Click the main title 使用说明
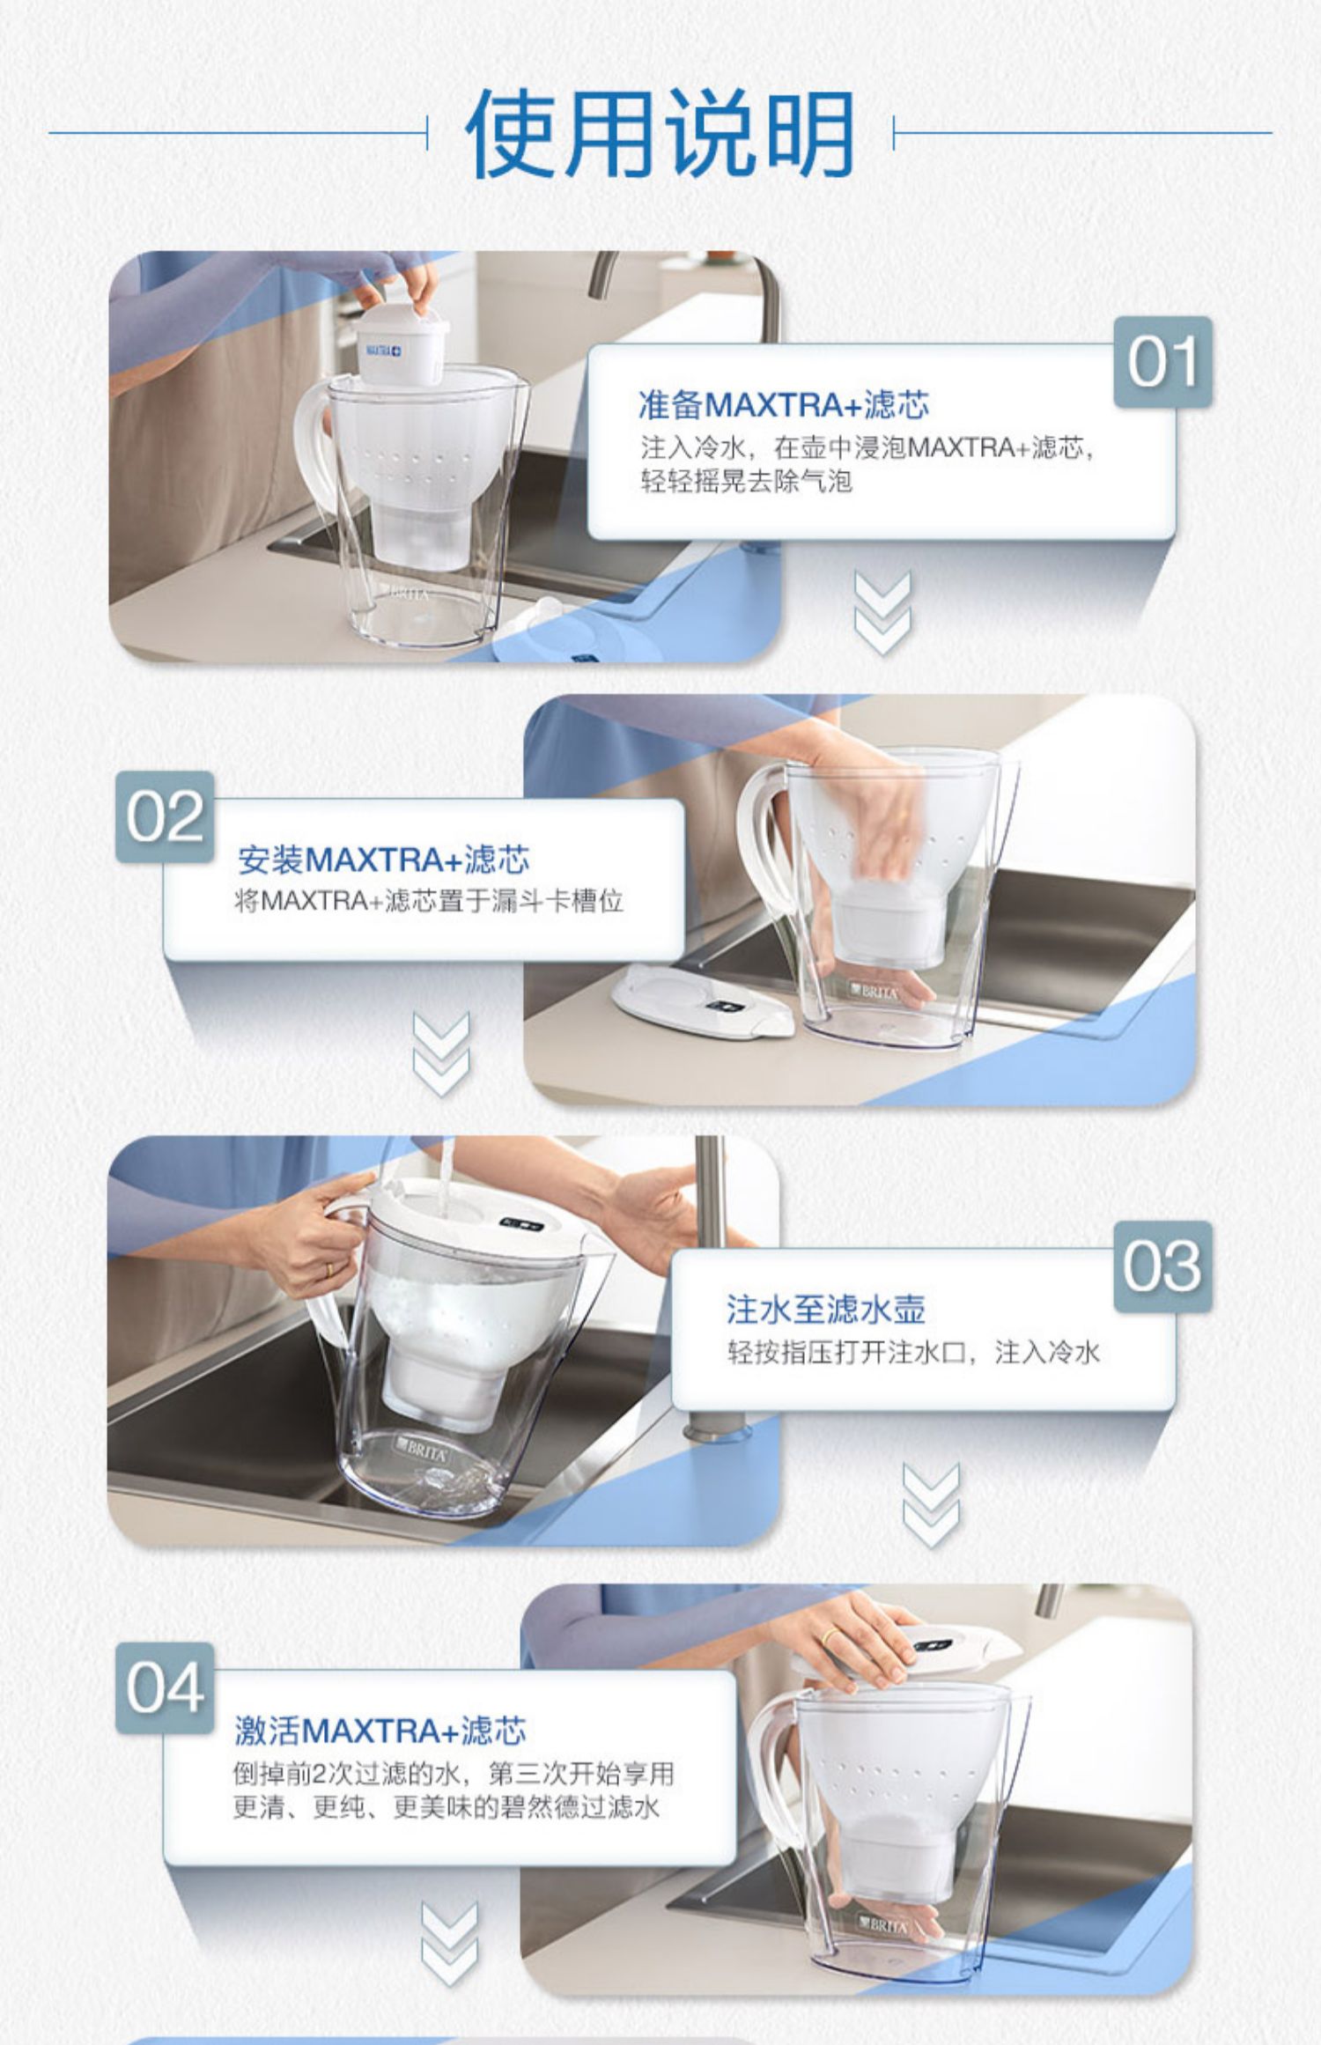(x=660, y=134)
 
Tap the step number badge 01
(x=1162, y=362)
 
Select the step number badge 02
(x=165, y=816)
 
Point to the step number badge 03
(x=1162, y=1266)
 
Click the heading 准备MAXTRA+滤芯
(x=784, y=405)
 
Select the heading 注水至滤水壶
(x=826, y=1310)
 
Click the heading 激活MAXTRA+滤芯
(x=380, y=1731)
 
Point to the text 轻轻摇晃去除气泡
(x=746, y=481)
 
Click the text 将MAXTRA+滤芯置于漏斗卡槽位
(x=429, y=901)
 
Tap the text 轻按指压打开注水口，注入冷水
(x=913, y=1352)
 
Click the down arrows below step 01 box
(x=882, y=612)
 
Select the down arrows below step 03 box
(x=932, y=1506)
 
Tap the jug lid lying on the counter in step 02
(x=703, y=1002)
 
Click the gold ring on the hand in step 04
(x=830, y=1636)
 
